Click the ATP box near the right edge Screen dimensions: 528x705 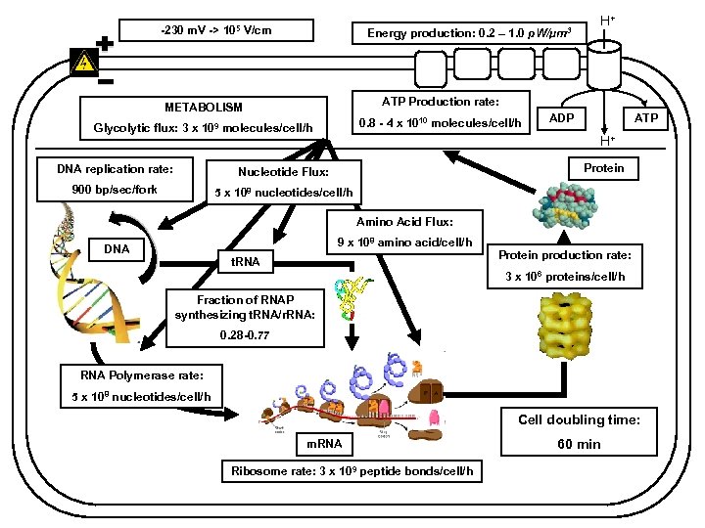click(646, 118)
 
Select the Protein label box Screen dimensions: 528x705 click(603, 168)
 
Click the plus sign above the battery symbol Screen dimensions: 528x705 click(105, 43)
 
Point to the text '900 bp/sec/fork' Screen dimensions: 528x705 click(116, 190)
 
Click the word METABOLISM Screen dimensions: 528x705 click(203, 107)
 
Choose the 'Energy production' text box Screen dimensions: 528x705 click(475, 34)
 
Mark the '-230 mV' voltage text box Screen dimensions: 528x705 click(215, 31)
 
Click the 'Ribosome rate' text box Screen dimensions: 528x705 click(352, 471)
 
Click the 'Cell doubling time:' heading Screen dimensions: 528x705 click(579, 419)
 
